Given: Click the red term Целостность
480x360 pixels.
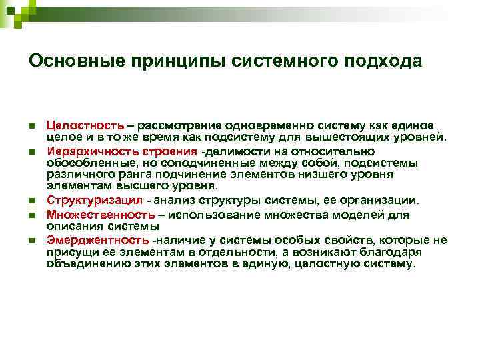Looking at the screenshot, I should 85,125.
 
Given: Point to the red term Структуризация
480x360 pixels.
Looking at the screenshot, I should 94,201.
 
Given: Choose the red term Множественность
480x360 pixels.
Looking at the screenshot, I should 98,215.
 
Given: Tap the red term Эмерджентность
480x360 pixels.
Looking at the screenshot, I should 98,239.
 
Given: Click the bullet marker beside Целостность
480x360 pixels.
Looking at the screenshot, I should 31,126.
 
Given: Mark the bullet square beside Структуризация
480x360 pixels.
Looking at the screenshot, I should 31,201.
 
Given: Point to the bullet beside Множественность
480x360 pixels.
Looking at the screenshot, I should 31,215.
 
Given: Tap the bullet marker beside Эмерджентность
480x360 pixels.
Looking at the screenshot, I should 31,240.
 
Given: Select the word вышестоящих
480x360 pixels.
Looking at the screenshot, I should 360,137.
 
